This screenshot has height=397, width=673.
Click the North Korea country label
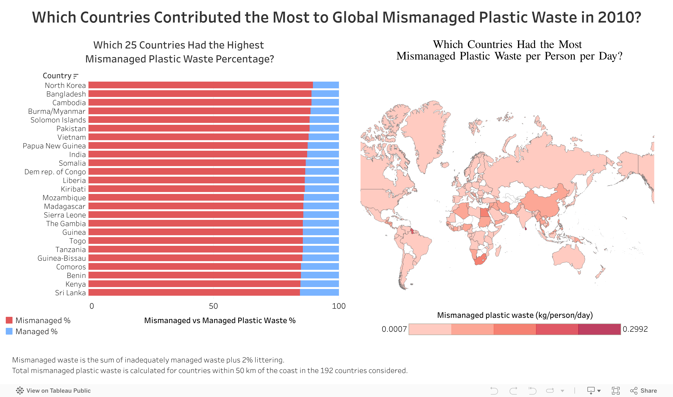(x=65, y=85)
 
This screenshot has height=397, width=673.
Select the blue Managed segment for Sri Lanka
(x=319, y=292)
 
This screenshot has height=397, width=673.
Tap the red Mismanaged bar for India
(x=198, y=154)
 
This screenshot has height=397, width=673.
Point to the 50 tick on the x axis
(x=213, y=306)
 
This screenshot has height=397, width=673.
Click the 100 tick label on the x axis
(x=338, y=306)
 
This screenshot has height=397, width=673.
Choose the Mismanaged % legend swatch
(x=9, y=320)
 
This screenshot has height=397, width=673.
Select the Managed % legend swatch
(x=9, y=331)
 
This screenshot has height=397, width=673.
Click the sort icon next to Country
(x=76, y=76)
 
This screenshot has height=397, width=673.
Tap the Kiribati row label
(x=73, y=189)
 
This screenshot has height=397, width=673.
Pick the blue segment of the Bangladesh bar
(x=325, y=94)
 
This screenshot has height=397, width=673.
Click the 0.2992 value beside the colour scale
(x=635, y=329)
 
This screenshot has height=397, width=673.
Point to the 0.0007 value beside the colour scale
(x=394, y=329)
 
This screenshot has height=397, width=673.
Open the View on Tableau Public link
(x=54, y=391)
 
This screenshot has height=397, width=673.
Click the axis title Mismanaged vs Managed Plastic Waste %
(x=220, y=320)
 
